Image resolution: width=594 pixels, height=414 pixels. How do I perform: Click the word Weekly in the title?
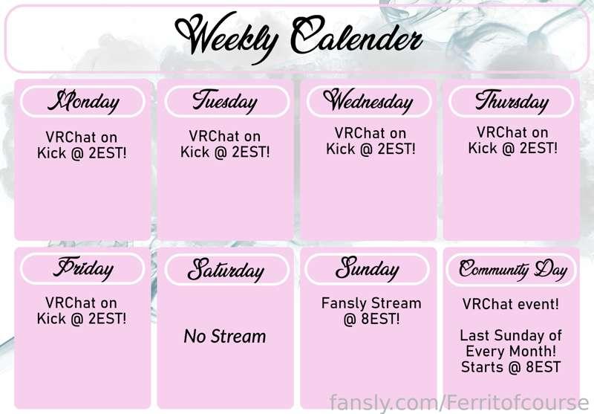226,38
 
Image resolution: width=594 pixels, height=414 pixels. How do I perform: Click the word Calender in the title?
356,35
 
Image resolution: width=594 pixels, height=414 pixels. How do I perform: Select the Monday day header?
83,101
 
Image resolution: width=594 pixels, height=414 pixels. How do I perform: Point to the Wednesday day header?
368,101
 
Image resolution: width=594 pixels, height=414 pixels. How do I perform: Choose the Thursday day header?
512,101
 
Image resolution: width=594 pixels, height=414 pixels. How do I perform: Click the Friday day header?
83,269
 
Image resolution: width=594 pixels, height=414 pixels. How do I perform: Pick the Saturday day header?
226,270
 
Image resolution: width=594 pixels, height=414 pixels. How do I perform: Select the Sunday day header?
367,269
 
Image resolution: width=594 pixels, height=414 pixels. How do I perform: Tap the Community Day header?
512,270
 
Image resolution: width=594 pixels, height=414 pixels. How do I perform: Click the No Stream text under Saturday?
225,336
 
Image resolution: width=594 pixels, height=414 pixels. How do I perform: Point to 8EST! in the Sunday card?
380,319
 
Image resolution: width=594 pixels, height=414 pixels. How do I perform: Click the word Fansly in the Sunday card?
345,304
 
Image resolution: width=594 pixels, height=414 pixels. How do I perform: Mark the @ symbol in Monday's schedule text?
77,154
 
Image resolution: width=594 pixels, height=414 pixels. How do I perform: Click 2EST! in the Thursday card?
538,148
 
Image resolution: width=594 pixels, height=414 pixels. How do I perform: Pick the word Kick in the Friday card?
51,318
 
